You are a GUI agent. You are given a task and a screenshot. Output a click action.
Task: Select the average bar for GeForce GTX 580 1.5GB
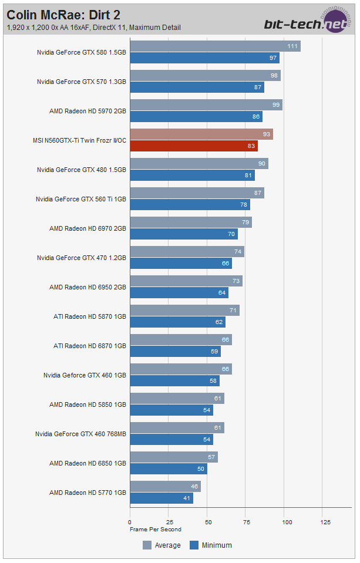[215, 46]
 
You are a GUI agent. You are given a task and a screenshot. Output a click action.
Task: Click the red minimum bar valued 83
[193, 146]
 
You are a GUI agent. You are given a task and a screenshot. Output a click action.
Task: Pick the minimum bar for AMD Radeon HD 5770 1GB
[161, 498]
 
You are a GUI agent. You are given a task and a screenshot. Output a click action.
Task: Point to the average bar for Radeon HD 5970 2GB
[206, 105]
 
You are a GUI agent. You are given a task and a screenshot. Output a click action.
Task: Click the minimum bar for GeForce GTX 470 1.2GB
[180, 264]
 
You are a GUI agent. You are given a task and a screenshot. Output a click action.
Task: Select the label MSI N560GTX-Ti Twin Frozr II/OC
[79, 140]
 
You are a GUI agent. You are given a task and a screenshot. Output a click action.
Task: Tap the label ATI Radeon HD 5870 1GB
[89, 316]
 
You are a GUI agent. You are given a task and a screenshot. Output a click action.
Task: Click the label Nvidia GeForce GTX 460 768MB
[80, 434]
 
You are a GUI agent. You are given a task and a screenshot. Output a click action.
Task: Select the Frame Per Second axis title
[155, 529]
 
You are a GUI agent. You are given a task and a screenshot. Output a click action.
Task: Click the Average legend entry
[162, 545]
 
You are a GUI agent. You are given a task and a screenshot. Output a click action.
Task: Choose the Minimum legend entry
[211, 545]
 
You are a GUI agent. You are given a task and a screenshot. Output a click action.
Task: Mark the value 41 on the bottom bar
[187, 498]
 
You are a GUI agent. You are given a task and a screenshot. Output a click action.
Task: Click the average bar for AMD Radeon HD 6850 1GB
[173, 457]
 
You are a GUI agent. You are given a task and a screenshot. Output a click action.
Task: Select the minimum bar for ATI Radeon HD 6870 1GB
[175, 352]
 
